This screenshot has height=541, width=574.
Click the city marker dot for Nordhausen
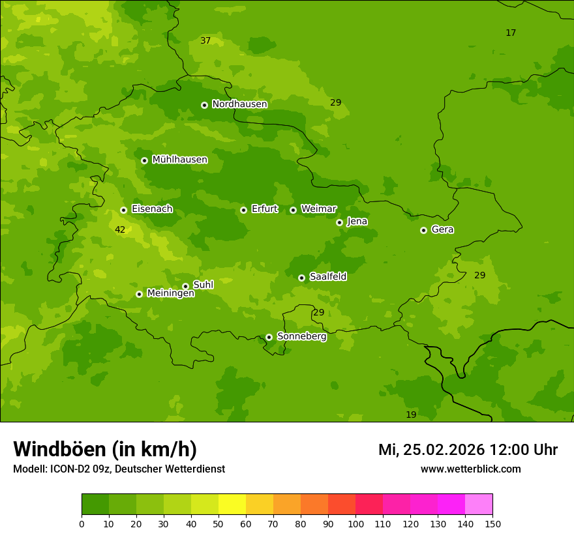(204, 105)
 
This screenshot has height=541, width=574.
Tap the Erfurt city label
(264, 209)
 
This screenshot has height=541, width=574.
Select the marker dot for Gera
(423, 230)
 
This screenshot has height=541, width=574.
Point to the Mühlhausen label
(179, 160)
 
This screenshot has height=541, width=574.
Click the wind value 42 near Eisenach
(120, 229)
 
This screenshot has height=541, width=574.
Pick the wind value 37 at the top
(205, 40)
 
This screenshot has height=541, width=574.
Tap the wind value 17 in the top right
(511, 33)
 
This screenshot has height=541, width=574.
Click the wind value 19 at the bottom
(411, 415)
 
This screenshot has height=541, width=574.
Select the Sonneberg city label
(301, 336)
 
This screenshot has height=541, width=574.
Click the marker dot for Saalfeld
(301, 278)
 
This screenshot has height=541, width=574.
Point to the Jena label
(357, 222)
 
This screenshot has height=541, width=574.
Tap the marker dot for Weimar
(293, 210)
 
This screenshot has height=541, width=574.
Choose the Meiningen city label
(170, 293)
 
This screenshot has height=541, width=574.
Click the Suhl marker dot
(185, 286)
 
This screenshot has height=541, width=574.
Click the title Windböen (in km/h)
(105, 449)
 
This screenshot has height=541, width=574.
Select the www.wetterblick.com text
(470, 469)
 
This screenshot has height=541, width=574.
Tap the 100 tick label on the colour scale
(355, 523)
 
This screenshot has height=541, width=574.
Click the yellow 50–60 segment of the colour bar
(232, 504)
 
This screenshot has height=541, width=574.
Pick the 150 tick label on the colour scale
(492, 523)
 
